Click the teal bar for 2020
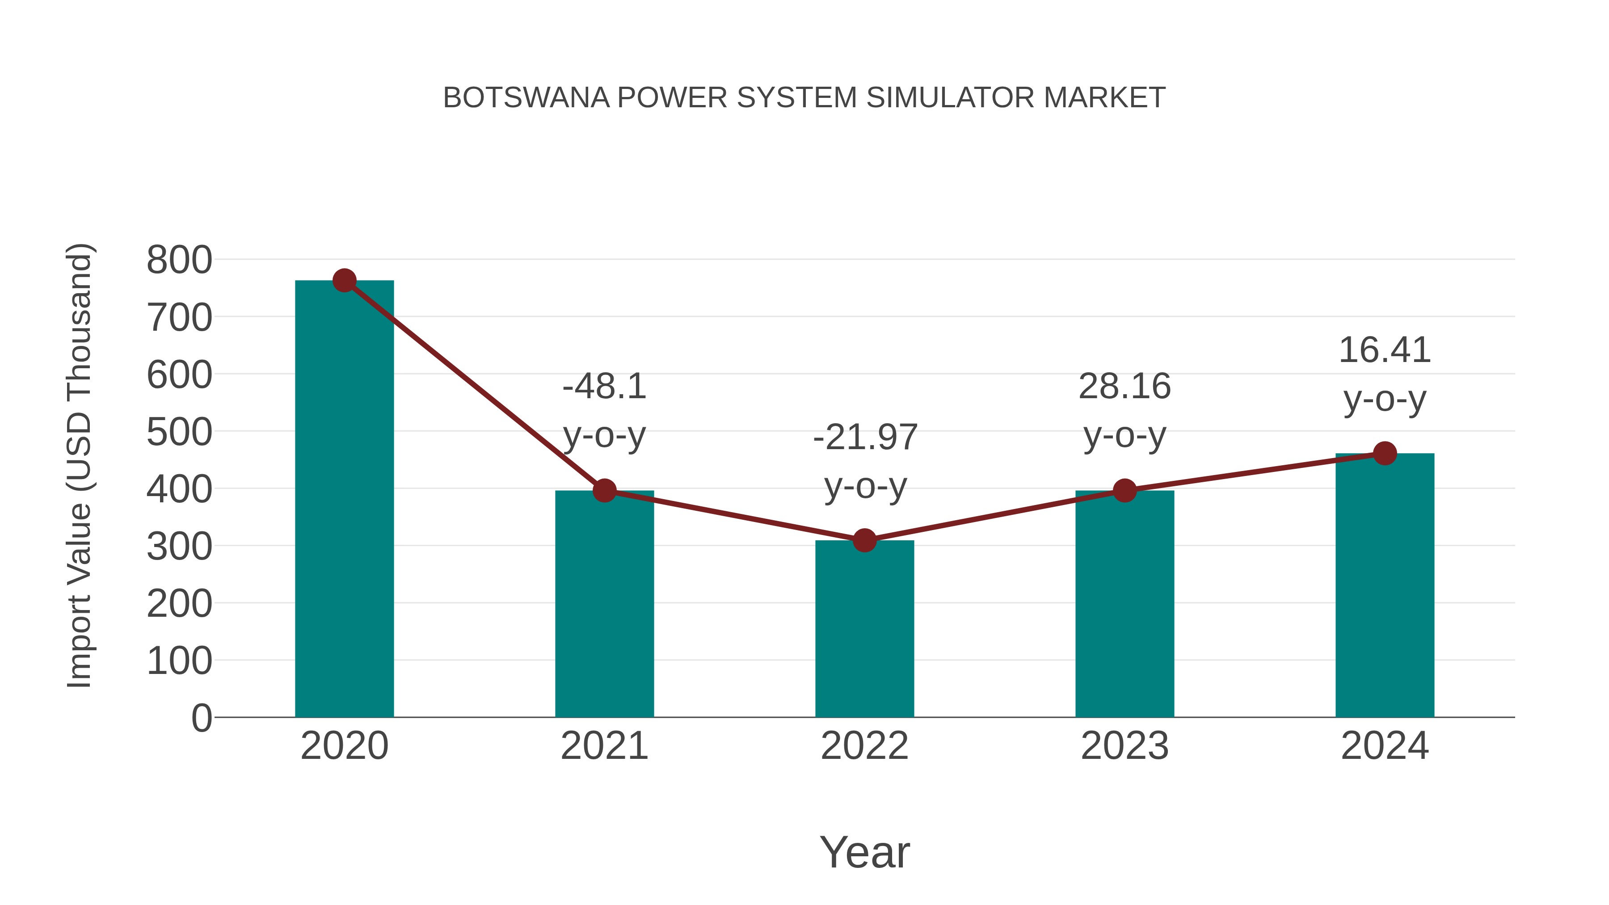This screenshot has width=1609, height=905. (344, 500)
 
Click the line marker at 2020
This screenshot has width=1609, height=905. (344, 281)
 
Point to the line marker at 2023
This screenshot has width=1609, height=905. (1125, 491)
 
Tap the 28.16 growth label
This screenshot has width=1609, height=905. (1125, 387)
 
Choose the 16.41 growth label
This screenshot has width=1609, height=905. (1385, 350)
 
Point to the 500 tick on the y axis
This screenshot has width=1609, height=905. (179, 432)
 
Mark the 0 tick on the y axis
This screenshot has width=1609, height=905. (201, 718)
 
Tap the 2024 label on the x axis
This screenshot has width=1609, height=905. (1385, 746)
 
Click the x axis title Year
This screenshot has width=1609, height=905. (864, 853)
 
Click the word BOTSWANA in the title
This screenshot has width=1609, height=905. (526, 98)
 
